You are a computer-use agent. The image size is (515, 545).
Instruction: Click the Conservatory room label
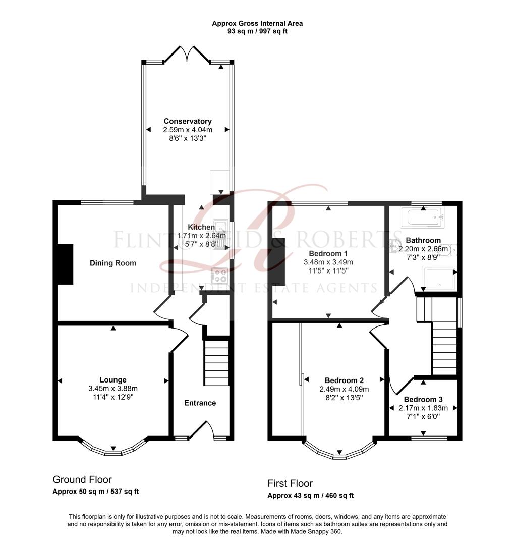click(187, 121)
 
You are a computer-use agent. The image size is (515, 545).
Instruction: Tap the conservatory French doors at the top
click(187, 53)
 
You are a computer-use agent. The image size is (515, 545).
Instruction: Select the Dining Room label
click(113, 263)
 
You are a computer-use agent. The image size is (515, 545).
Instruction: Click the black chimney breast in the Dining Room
click(65, 263)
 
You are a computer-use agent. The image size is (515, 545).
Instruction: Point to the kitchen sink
click(221, 229)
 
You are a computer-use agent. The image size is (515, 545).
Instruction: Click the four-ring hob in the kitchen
click(221, 276)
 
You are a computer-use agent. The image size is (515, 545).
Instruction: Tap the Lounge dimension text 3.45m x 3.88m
click(113, 388)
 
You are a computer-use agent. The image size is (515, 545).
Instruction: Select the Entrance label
click(200, 403)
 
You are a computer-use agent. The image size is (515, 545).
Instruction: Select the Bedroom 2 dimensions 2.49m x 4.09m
click(344, 389)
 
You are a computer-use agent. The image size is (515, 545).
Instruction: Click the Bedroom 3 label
click(423, 399)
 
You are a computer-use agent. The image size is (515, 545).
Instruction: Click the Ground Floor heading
click(82, 479)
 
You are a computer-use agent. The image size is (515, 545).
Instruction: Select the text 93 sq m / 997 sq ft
click(257, 31)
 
